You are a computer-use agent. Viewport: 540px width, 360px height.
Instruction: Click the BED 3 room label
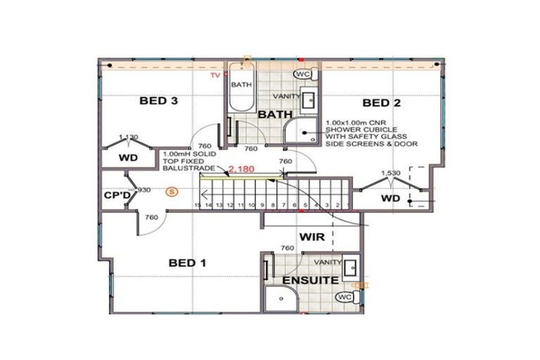pyautogui.click(x=157, y=101)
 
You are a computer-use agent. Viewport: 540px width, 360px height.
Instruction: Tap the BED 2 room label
pyautogui.click(x=386, y=103)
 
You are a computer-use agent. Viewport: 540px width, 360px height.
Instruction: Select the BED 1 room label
pyautogui.click(x=187, y=263)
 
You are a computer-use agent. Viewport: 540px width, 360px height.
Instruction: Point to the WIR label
pyautogui.click(x=311, y=237)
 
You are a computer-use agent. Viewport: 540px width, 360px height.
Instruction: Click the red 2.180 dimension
pyautogui.click(x=240, y=169)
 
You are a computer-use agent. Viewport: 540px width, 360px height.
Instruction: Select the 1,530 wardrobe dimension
pyautogui.click(x=390, y=172)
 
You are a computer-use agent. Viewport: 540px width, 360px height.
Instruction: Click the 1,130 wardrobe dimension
pyautogui.click(x=128, y=136)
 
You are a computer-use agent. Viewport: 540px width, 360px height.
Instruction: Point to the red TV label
pyautogui.click(x=217, y=74)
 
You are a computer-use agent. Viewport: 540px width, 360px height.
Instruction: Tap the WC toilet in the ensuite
pyautogui.click(x=345, y=297)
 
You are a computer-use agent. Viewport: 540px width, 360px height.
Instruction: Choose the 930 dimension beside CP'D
pyautogui.click(x=143, y=191)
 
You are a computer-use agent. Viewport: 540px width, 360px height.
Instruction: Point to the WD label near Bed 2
pyautogui.click(x=390, y=199)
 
